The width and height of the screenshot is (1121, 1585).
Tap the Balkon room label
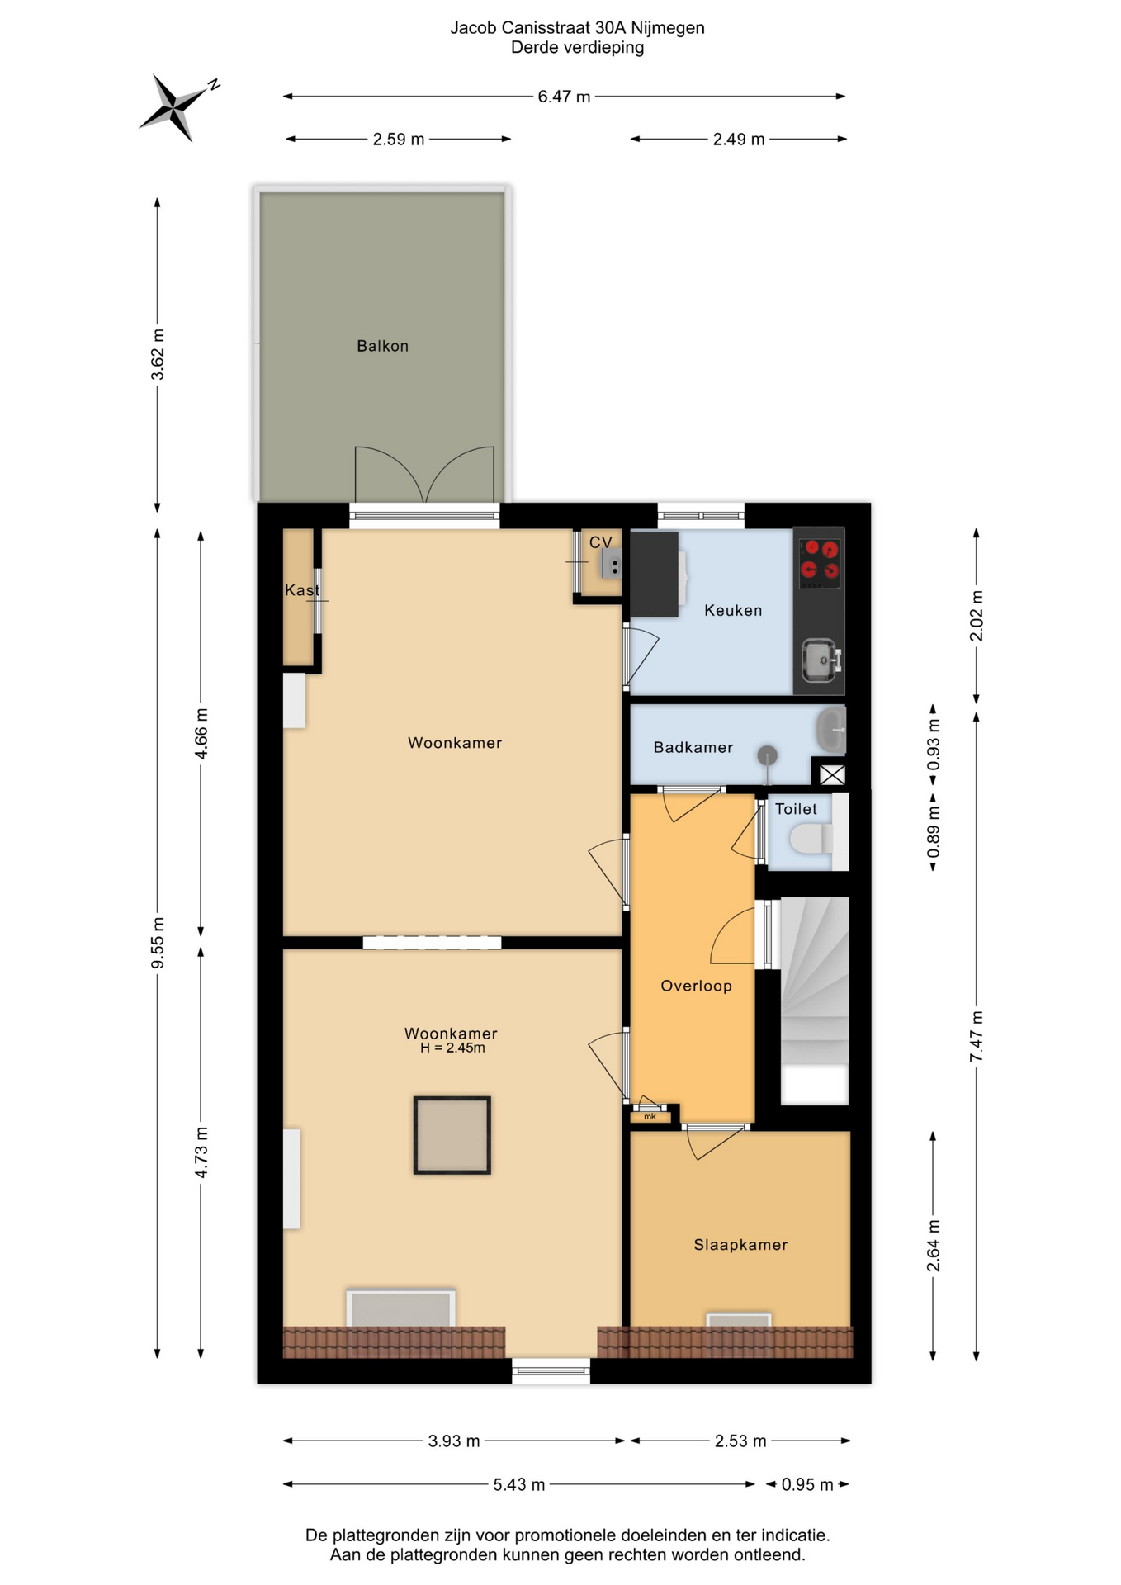(x=382, y=346)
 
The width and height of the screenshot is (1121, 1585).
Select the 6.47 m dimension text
(x=564, y=97)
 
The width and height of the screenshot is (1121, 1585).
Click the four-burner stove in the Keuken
(x=820, y=560)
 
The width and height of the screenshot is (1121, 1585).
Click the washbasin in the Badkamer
(x=831, y=730)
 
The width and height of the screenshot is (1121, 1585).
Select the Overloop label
(x=696, y=986)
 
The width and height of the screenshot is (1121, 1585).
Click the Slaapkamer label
(x=740, y=1245)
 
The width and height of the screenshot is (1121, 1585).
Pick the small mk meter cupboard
(x=650, y=1117)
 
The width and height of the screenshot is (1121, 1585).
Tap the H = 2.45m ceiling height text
(x=452, y=1048)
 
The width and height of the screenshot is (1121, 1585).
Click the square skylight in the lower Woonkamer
(x=452, y=1135)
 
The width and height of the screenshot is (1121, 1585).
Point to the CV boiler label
(x=600, y=542)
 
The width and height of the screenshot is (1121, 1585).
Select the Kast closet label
(x=301, y=590)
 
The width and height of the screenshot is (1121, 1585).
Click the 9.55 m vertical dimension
(x=157, y=943)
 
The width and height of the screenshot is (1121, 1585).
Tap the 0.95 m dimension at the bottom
(x=807, y=1484)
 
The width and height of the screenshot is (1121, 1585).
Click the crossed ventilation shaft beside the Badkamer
(x=832, y=775)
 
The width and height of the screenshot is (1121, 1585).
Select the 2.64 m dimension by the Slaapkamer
(x=934, y=1246)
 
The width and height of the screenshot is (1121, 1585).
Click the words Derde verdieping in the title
(x=577, y=47)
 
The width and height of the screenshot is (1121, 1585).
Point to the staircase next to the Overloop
(x=815, y=1001)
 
